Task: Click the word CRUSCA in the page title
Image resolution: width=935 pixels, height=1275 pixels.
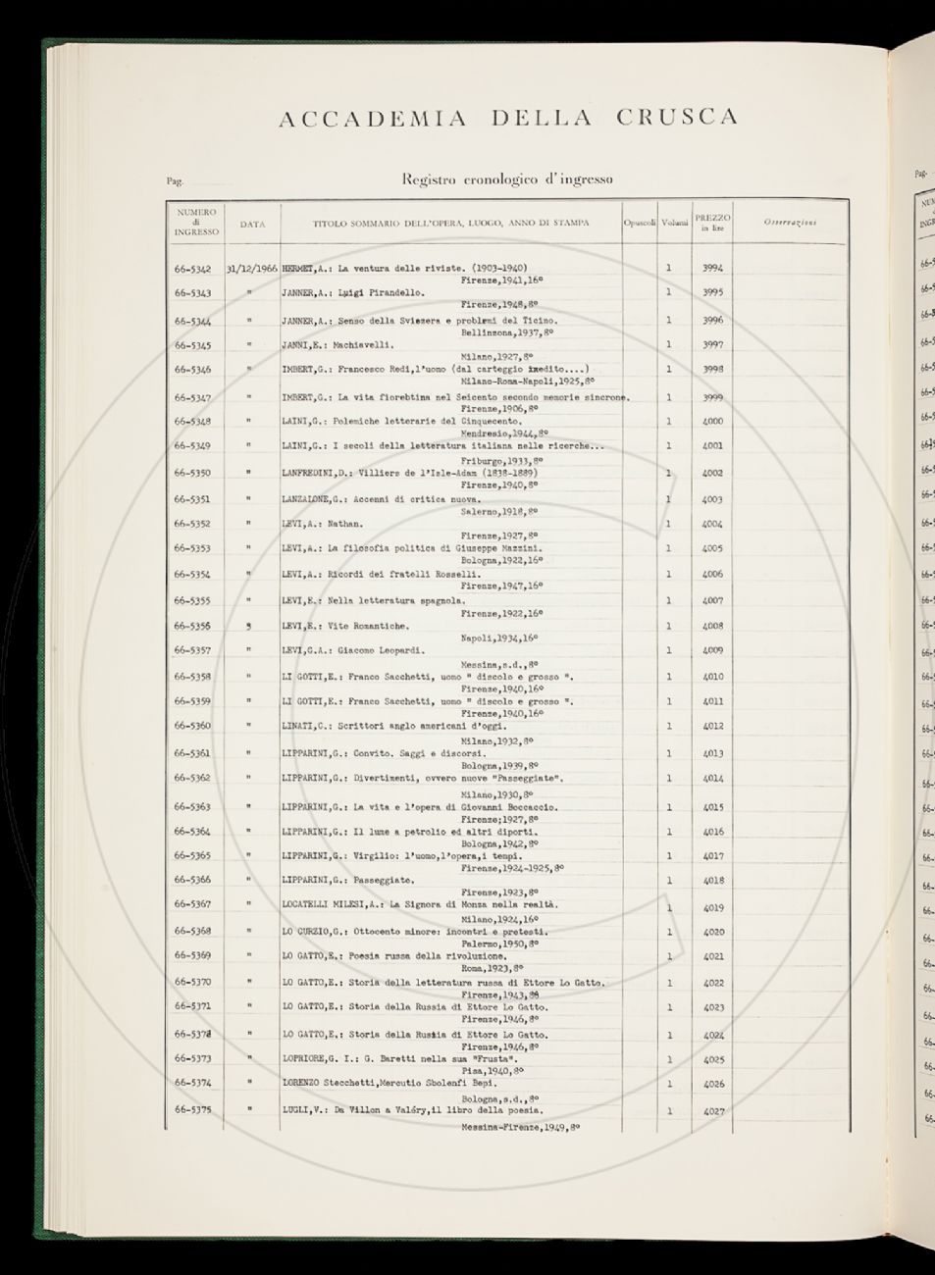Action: (677, 119)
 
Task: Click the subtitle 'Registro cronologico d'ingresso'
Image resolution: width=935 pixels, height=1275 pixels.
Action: (507, 179)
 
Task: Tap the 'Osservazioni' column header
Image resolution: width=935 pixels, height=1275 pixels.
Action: (790, 223)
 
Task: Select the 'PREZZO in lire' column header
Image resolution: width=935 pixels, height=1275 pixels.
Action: (712, 223)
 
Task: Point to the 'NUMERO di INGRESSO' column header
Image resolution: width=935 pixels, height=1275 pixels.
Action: (196, 223)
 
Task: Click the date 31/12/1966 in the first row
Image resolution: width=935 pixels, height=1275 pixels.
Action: (252, 268)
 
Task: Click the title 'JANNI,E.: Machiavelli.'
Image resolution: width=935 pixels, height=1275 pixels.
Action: (338, 345)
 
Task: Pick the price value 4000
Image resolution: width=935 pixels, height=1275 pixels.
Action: (712, 422)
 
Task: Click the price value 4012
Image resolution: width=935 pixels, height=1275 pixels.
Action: (712, 727)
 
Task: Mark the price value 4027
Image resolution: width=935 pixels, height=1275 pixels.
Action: (712, 1111)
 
